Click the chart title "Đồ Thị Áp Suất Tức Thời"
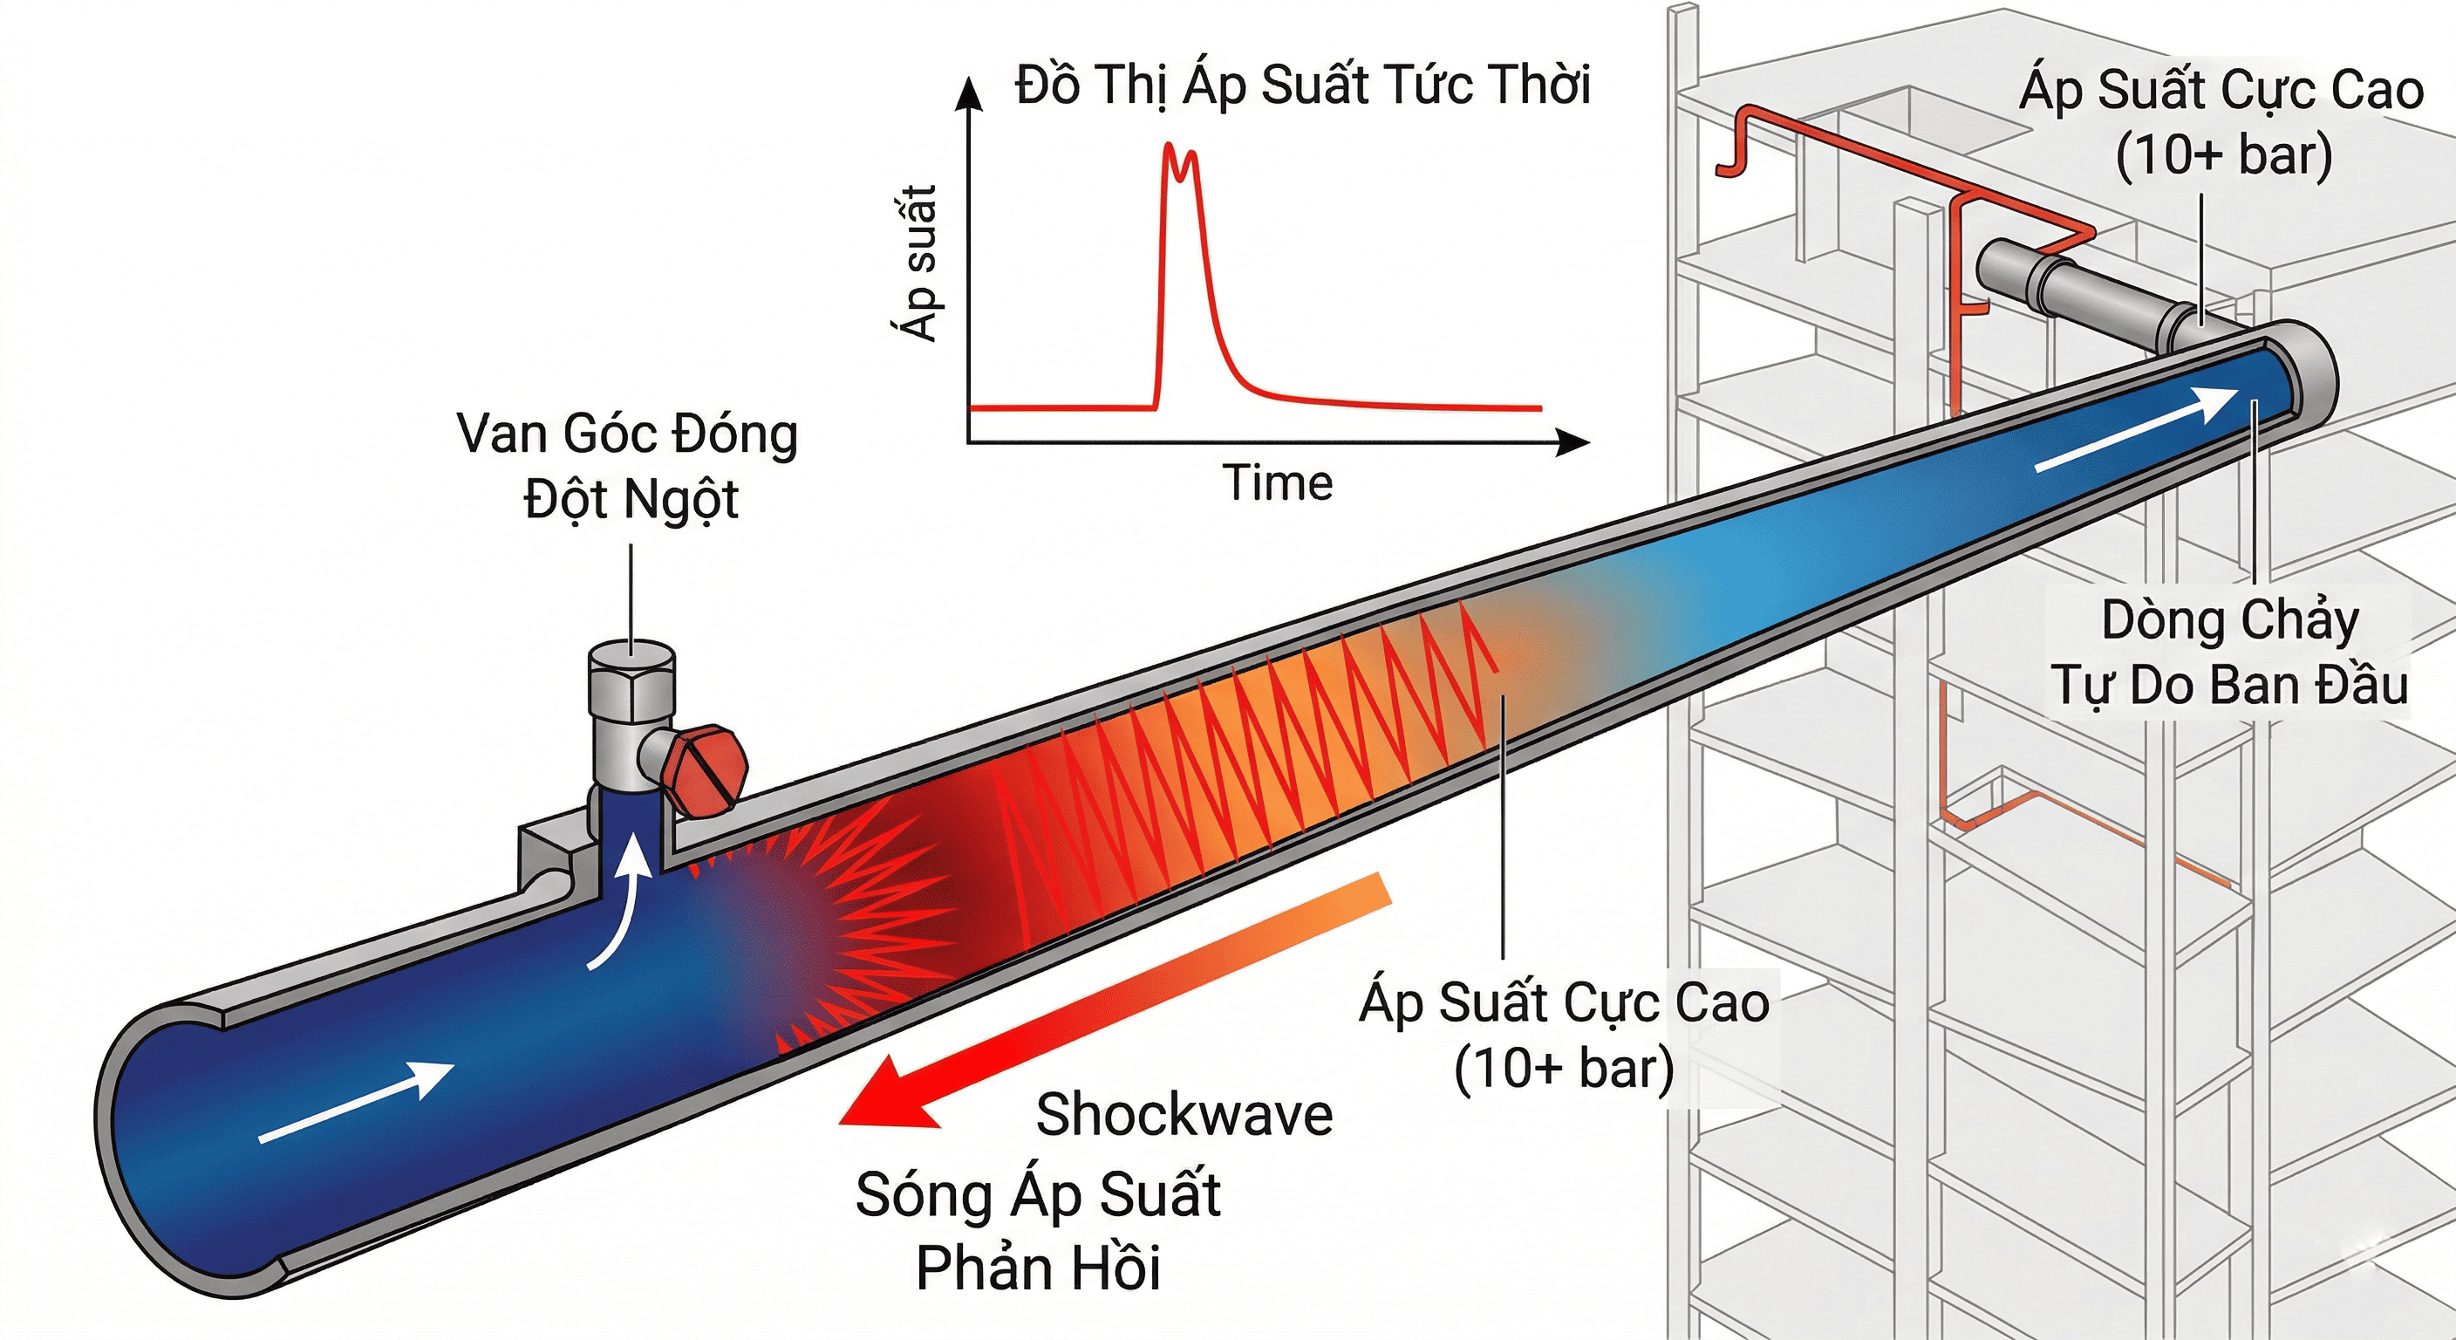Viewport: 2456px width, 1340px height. [1302, 85]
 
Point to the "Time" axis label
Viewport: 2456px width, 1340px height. [1278, 482]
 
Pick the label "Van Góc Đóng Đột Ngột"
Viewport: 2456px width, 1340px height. [628, 466]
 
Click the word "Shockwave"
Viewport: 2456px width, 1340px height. [1184, 1114]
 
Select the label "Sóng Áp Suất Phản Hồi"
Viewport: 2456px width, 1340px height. [1038, 1230]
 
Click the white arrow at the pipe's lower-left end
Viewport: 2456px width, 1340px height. [357, 1102]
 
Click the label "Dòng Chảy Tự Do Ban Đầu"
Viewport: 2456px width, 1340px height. [2229, 653]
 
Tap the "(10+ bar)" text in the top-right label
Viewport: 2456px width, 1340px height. [2223, 154]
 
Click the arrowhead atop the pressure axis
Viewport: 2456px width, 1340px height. [970, 93]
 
